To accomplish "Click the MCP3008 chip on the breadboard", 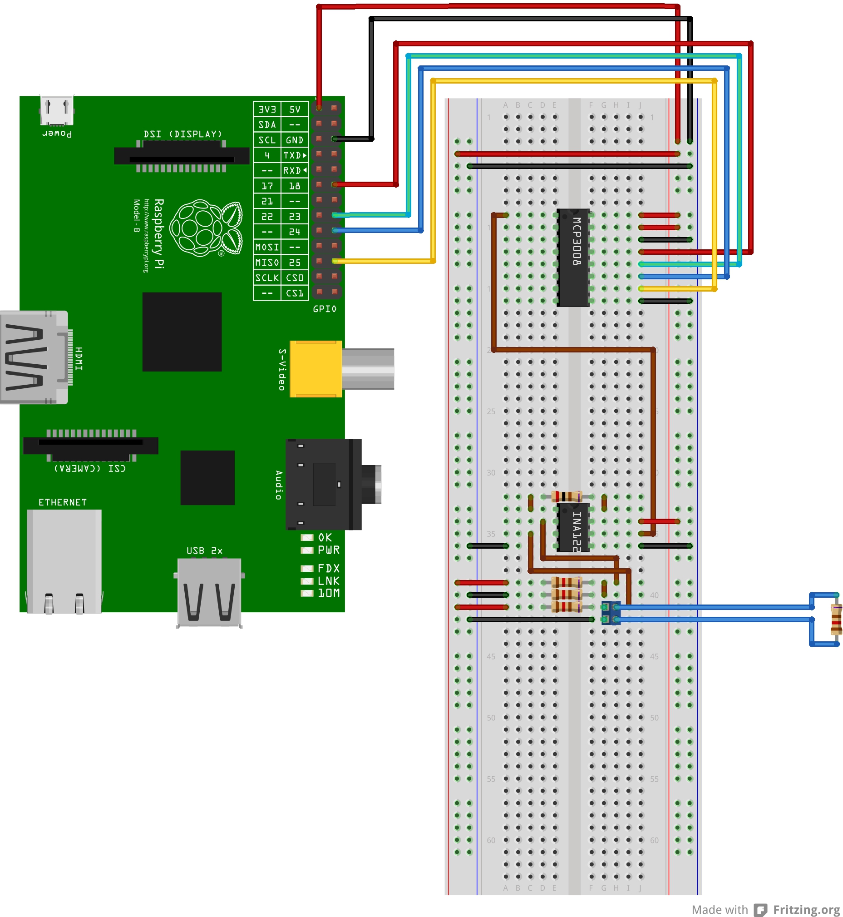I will tap(573, 258).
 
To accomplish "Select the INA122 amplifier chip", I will tap(573, 527).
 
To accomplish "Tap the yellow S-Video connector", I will tap(316, 369).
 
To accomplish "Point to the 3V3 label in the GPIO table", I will tap(267, 109).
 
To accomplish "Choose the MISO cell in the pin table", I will tap(267, 263).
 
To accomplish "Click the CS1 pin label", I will tap(295, 293).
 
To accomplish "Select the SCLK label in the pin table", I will tap(267, 278).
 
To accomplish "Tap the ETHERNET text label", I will tap(63, 502).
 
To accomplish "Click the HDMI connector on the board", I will tap(34, 357).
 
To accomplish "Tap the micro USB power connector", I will tap(57, 110).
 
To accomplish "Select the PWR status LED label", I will tap(329, 550).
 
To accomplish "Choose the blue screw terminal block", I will tap(611, 613).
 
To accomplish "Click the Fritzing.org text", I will tap(806, 909).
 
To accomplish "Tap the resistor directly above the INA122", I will tap(567, 496).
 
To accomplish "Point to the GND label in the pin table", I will tap(295, 140).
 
